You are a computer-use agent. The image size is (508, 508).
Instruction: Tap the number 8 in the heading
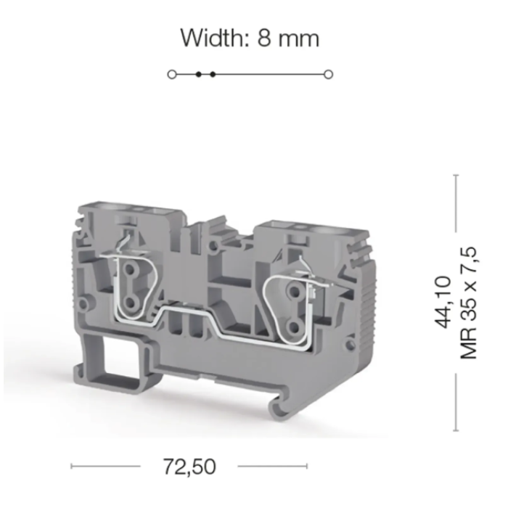click(263, 38)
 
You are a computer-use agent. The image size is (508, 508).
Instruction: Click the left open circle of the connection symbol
click(172, 75)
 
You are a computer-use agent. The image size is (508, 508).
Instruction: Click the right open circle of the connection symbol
click(328, 75)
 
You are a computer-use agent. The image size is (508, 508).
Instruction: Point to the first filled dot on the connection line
click(199, 75)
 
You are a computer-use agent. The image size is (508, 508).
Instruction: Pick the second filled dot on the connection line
click(213, 75)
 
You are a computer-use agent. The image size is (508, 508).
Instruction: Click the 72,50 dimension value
click(189, 467)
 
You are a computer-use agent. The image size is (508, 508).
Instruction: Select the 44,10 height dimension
click(443, 302)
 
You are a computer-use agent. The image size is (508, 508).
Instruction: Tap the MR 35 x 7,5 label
click(469, 303)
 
